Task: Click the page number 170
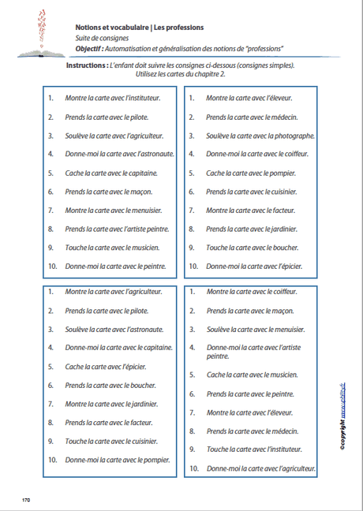[25, 500]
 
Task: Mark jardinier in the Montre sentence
[143, 404]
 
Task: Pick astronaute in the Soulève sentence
[147, 329]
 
